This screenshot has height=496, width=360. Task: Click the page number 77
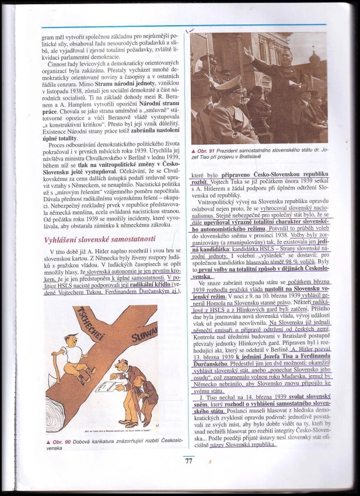tap(188, 461)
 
